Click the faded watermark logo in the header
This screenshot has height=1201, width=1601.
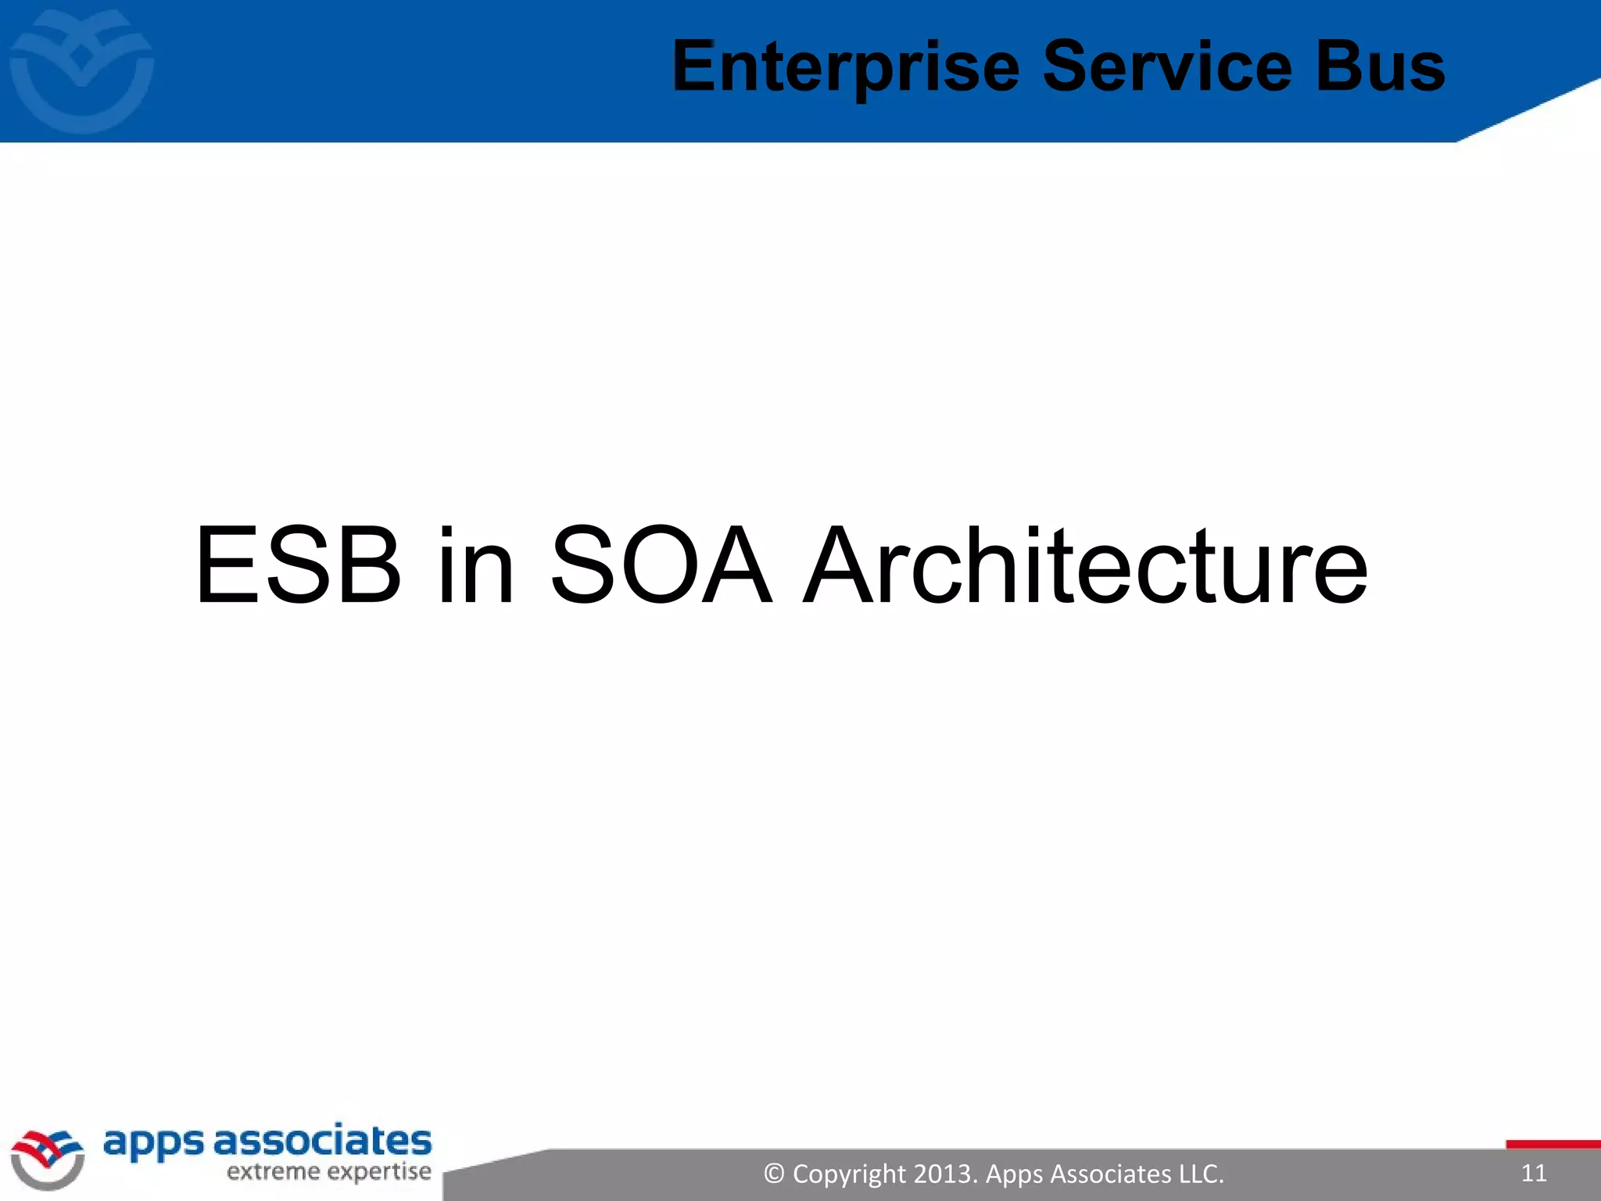pyautogui.click(x=81, y=70)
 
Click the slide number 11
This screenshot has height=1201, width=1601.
pyautogui.click(x=1534, y=1173)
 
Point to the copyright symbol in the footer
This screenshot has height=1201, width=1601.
pyautogui.click(x=774, y=1174)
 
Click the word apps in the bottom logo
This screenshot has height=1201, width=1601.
pyautogui.click(x=153, y=1144)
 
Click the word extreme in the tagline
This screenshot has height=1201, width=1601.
pyautogui.click(x=273, y=1172)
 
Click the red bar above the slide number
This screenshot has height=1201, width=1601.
pyautogui.click(x=1553, y=1145)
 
